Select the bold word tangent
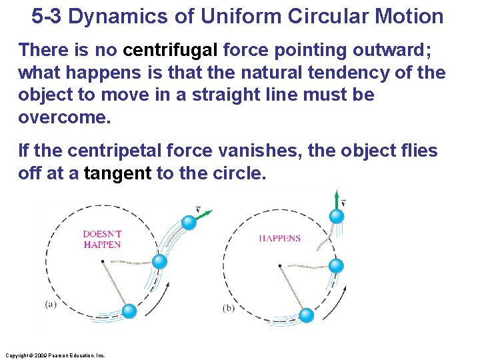point(118,174)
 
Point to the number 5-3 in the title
point(47,16)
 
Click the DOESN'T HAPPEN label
point(102,239)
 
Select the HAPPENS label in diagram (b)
point(280,238)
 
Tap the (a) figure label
point(51,305)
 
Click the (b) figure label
point(229,308)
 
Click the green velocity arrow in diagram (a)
point(205,215)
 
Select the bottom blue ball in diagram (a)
point(129,310)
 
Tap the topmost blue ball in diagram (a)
point(189,223)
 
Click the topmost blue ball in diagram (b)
point(337,216)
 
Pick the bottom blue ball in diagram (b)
point(307,315)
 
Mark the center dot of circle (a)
point(102,261)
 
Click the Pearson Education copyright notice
point(55,355)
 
